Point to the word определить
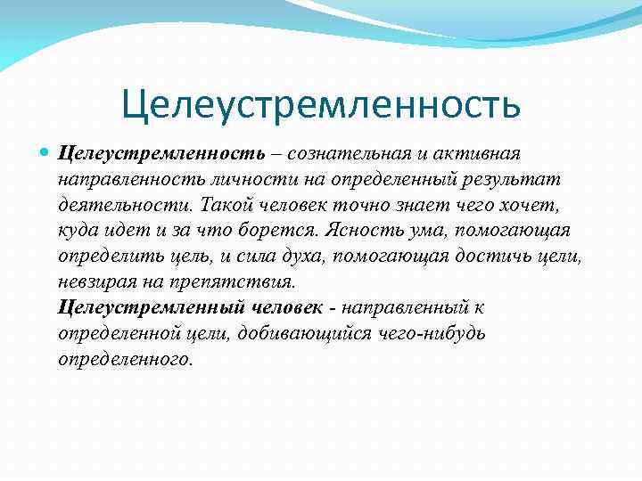click(x=113, y=257)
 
